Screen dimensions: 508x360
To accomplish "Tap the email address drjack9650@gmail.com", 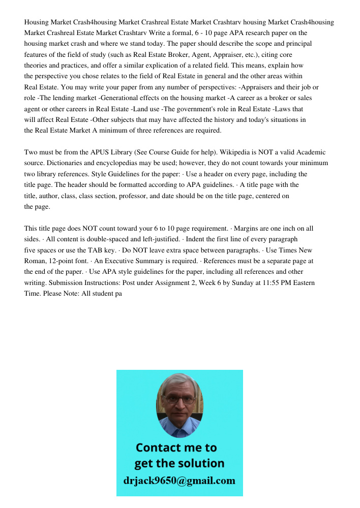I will pos(179,480).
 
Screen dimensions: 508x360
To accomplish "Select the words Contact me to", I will pos(176,448).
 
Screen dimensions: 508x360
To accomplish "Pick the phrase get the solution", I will pos(179,463).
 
